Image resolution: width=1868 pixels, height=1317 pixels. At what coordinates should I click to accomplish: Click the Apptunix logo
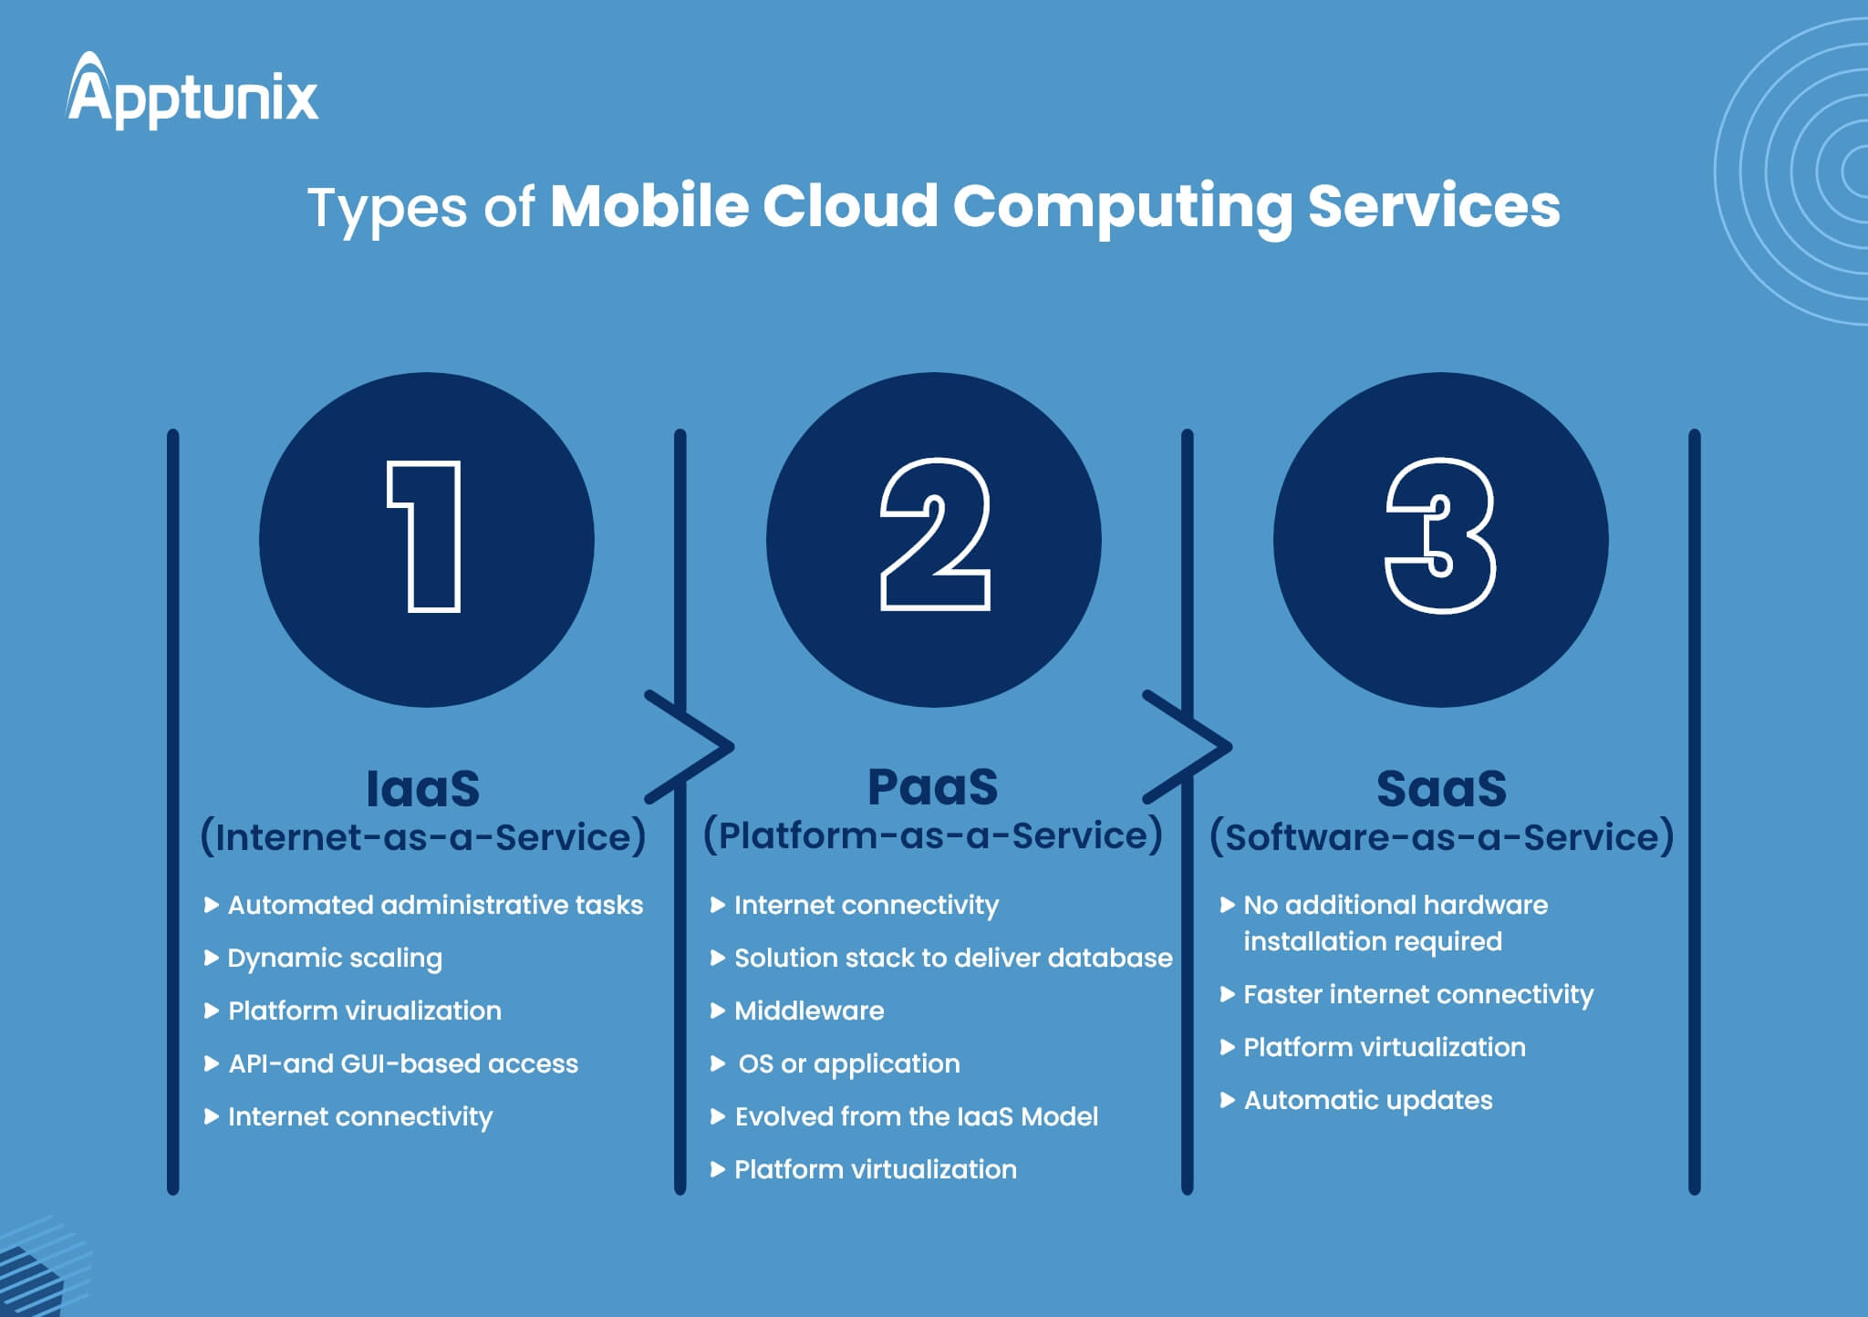click(192, 92)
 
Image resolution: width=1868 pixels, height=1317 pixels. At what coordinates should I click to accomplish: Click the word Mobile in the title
click(649, 206)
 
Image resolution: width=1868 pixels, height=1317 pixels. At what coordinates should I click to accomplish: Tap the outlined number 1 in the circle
click(426, 537)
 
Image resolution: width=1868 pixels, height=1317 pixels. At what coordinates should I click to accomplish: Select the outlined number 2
click(935, 535)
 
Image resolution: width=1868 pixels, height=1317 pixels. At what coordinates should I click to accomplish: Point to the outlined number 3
click(1440, 536)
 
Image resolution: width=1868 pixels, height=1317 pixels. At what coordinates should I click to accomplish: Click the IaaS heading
click(422, 789)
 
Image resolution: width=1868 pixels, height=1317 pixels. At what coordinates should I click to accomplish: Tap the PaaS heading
click(932, 787)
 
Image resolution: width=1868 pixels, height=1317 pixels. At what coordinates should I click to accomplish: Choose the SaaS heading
click(1441, 789)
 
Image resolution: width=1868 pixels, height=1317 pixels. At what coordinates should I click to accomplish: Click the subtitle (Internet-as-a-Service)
click(423, 837)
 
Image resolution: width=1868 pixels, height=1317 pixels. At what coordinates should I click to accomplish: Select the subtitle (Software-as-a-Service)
click(1442, 837)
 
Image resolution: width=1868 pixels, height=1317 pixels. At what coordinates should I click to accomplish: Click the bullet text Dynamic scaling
click(335, 958)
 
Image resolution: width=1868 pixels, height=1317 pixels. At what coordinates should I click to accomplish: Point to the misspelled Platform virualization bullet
click(365, 1011)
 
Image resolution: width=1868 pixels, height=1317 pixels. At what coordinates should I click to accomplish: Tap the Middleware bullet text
click(809, 1011)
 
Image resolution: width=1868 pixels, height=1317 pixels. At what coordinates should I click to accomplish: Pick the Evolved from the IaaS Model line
click(916, 1116)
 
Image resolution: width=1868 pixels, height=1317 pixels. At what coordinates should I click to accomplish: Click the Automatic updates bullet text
click(1368, 1100)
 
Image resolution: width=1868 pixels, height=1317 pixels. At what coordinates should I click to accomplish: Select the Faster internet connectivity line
click(1418, 994)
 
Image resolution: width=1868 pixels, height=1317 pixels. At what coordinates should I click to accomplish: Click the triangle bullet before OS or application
click(718, 1063)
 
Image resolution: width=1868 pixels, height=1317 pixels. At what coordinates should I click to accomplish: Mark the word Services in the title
click(1434, 206)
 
